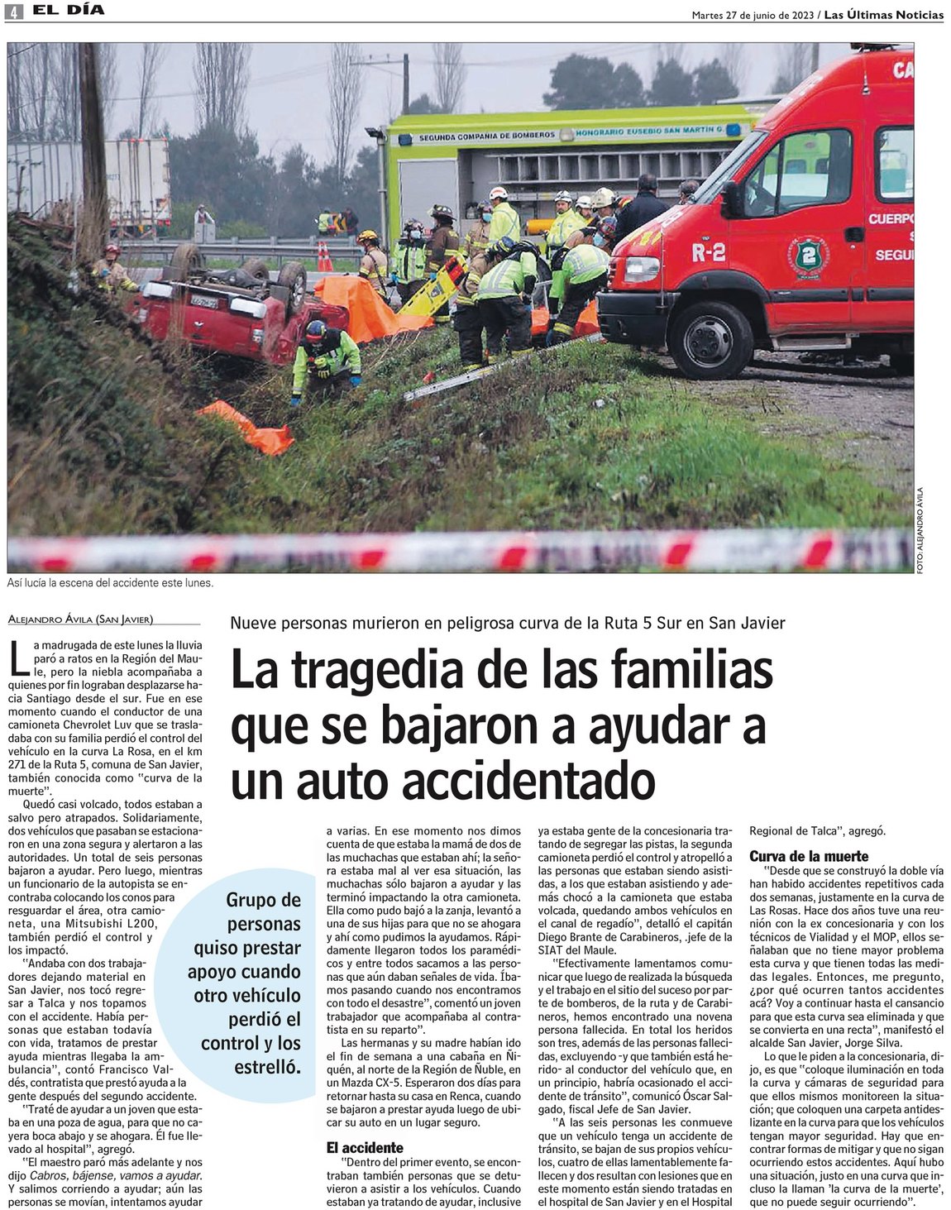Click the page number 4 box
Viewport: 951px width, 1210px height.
point(15,12)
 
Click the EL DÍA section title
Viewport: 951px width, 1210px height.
point(69,11)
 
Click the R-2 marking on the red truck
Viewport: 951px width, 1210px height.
point(708,252)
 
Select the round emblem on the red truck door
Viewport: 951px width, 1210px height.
point(803,252)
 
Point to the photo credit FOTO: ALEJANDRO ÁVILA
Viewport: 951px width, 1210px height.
point(920,529)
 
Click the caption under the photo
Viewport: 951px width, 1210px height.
point(111,583)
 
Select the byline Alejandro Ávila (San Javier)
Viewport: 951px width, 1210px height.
point(80,619)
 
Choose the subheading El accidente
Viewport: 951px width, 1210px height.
point(364,1147)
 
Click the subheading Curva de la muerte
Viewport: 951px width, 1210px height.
point(809,856)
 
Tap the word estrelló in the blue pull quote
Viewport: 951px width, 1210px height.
point(266,1068)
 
